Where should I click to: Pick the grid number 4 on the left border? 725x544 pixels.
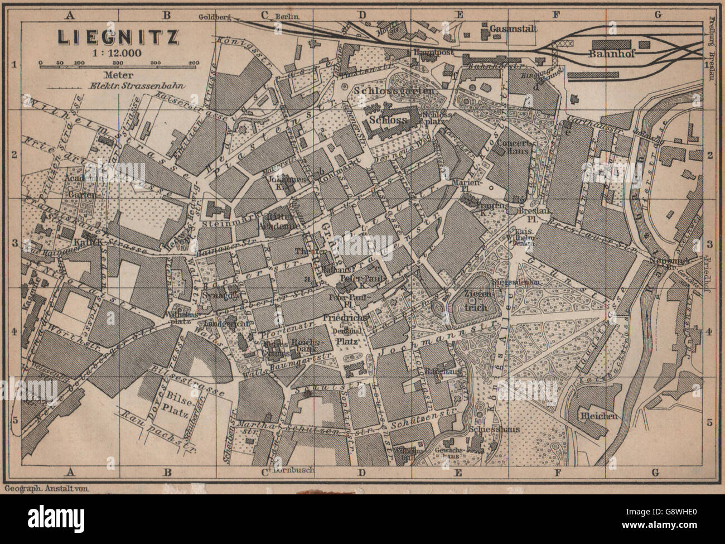pos(15,334)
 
